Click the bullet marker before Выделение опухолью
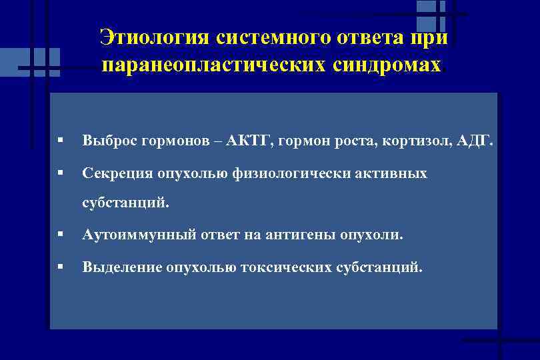coord(61,267)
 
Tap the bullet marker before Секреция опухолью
coord(61,174)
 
